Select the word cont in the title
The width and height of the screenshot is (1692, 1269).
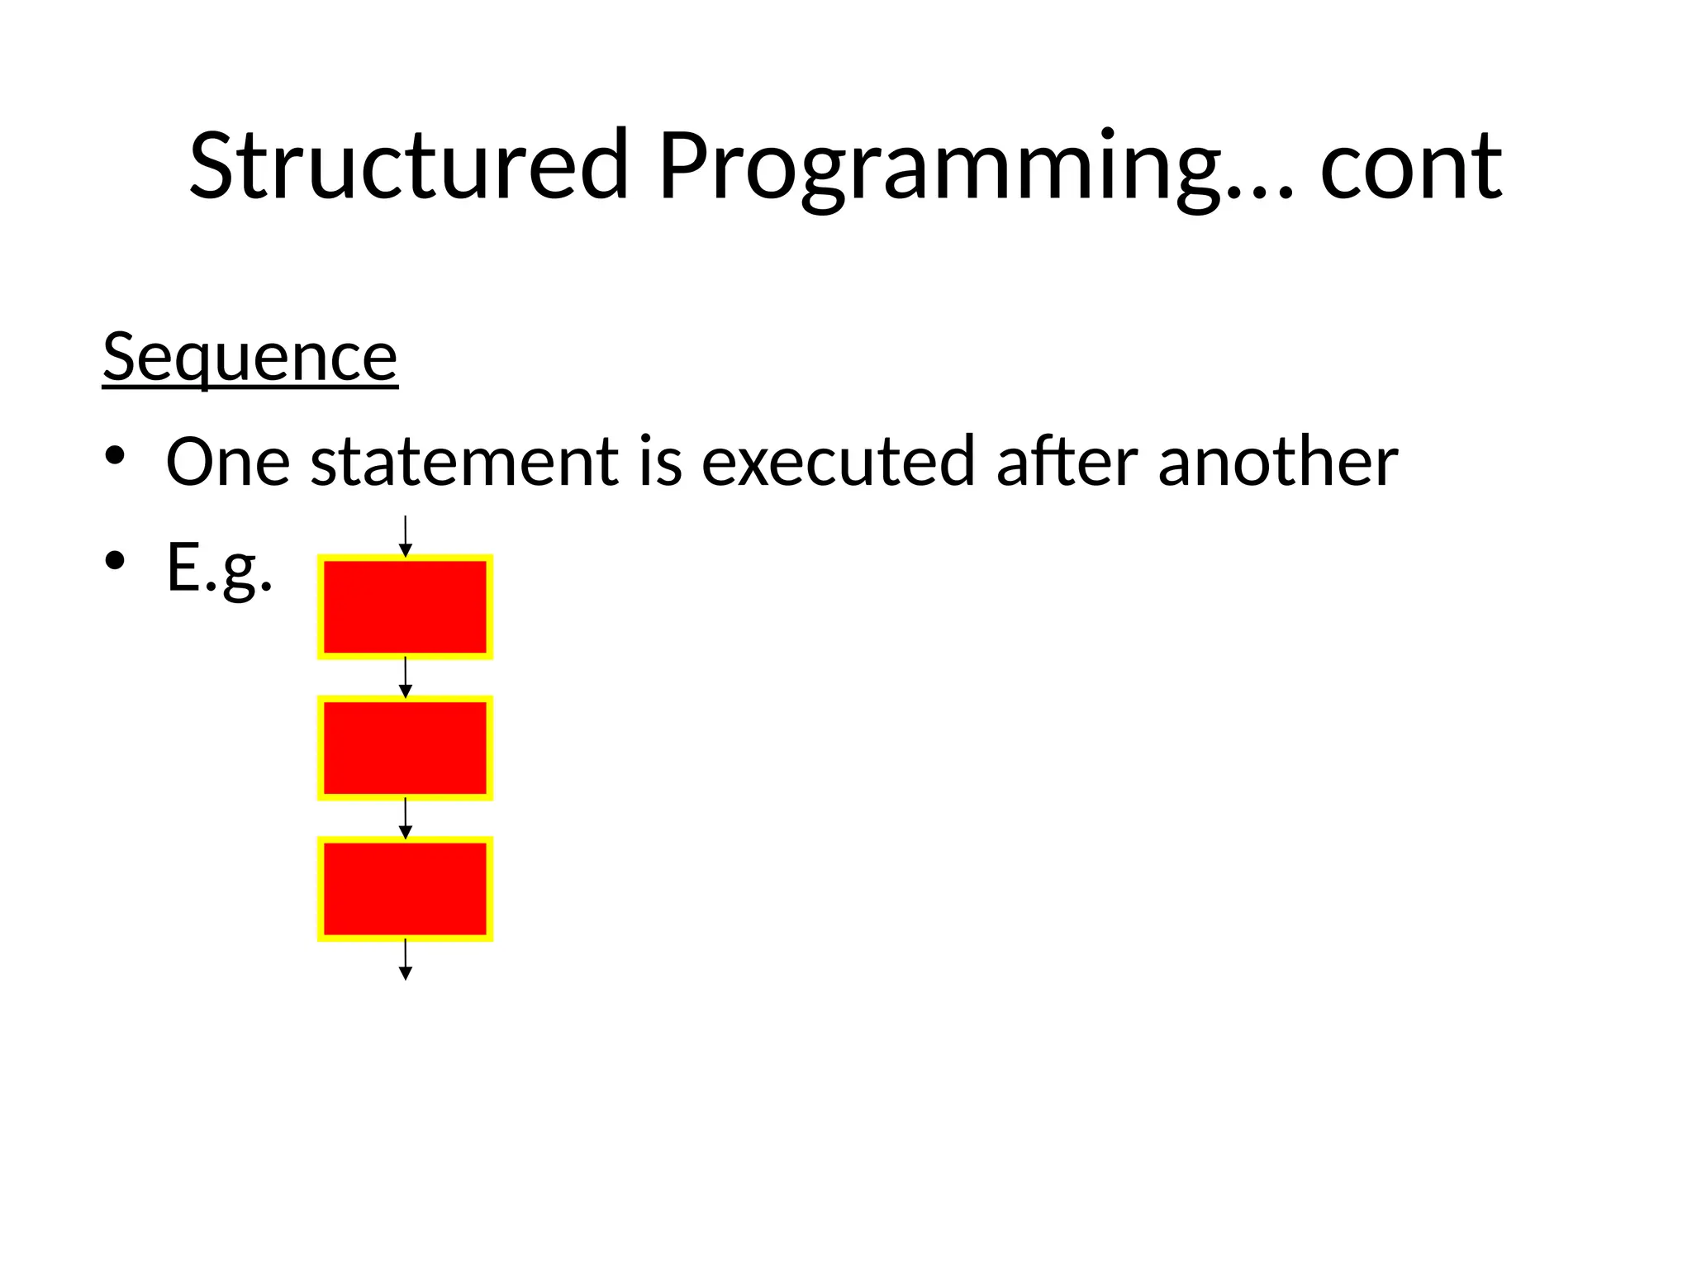pyautogui.click(x=1410, y=168)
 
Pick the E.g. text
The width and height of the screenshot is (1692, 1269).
pyautogui.click(x=219, y=568)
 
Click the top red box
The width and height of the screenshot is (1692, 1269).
pyautogui.click(x=405, y=607)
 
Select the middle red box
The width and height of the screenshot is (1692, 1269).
pyautogui.click(x=405, y=748)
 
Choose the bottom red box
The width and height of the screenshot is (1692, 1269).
pyautogui.click(x=405, y=889)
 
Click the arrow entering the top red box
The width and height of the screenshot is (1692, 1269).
pyautogui.click(x=405, y=536)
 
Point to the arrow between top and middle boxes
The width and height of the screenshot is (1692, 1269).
pyautogui.click(x=405, y=677)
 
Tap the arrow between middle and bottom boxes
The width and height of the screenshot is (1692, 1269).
pyautogui.click(x=405, y=818)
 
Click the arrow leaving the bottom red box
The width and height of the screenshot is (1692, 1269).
pyautogui.click(x=405, y=959)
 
